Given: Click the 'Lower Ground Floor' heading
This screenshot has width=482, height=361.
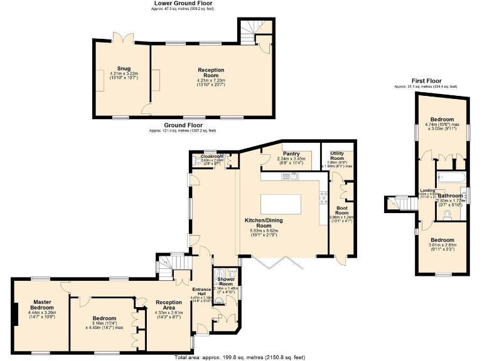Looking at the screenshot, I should (183, 3).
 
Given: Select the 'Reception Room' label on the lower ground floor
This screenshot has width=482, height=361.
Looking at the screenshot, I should (211, 73).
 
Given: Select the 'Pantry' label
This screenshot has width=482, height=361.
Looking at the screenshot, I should (291, 154).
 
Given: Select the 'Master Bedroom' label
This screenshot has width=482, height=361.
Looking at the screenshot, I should (43, 305).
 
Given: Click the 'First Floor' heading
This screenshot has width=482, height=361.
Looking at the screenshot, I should (426, 81).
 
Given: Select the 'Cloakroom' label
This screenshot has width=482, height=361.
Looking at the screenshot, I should (208, 156).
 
